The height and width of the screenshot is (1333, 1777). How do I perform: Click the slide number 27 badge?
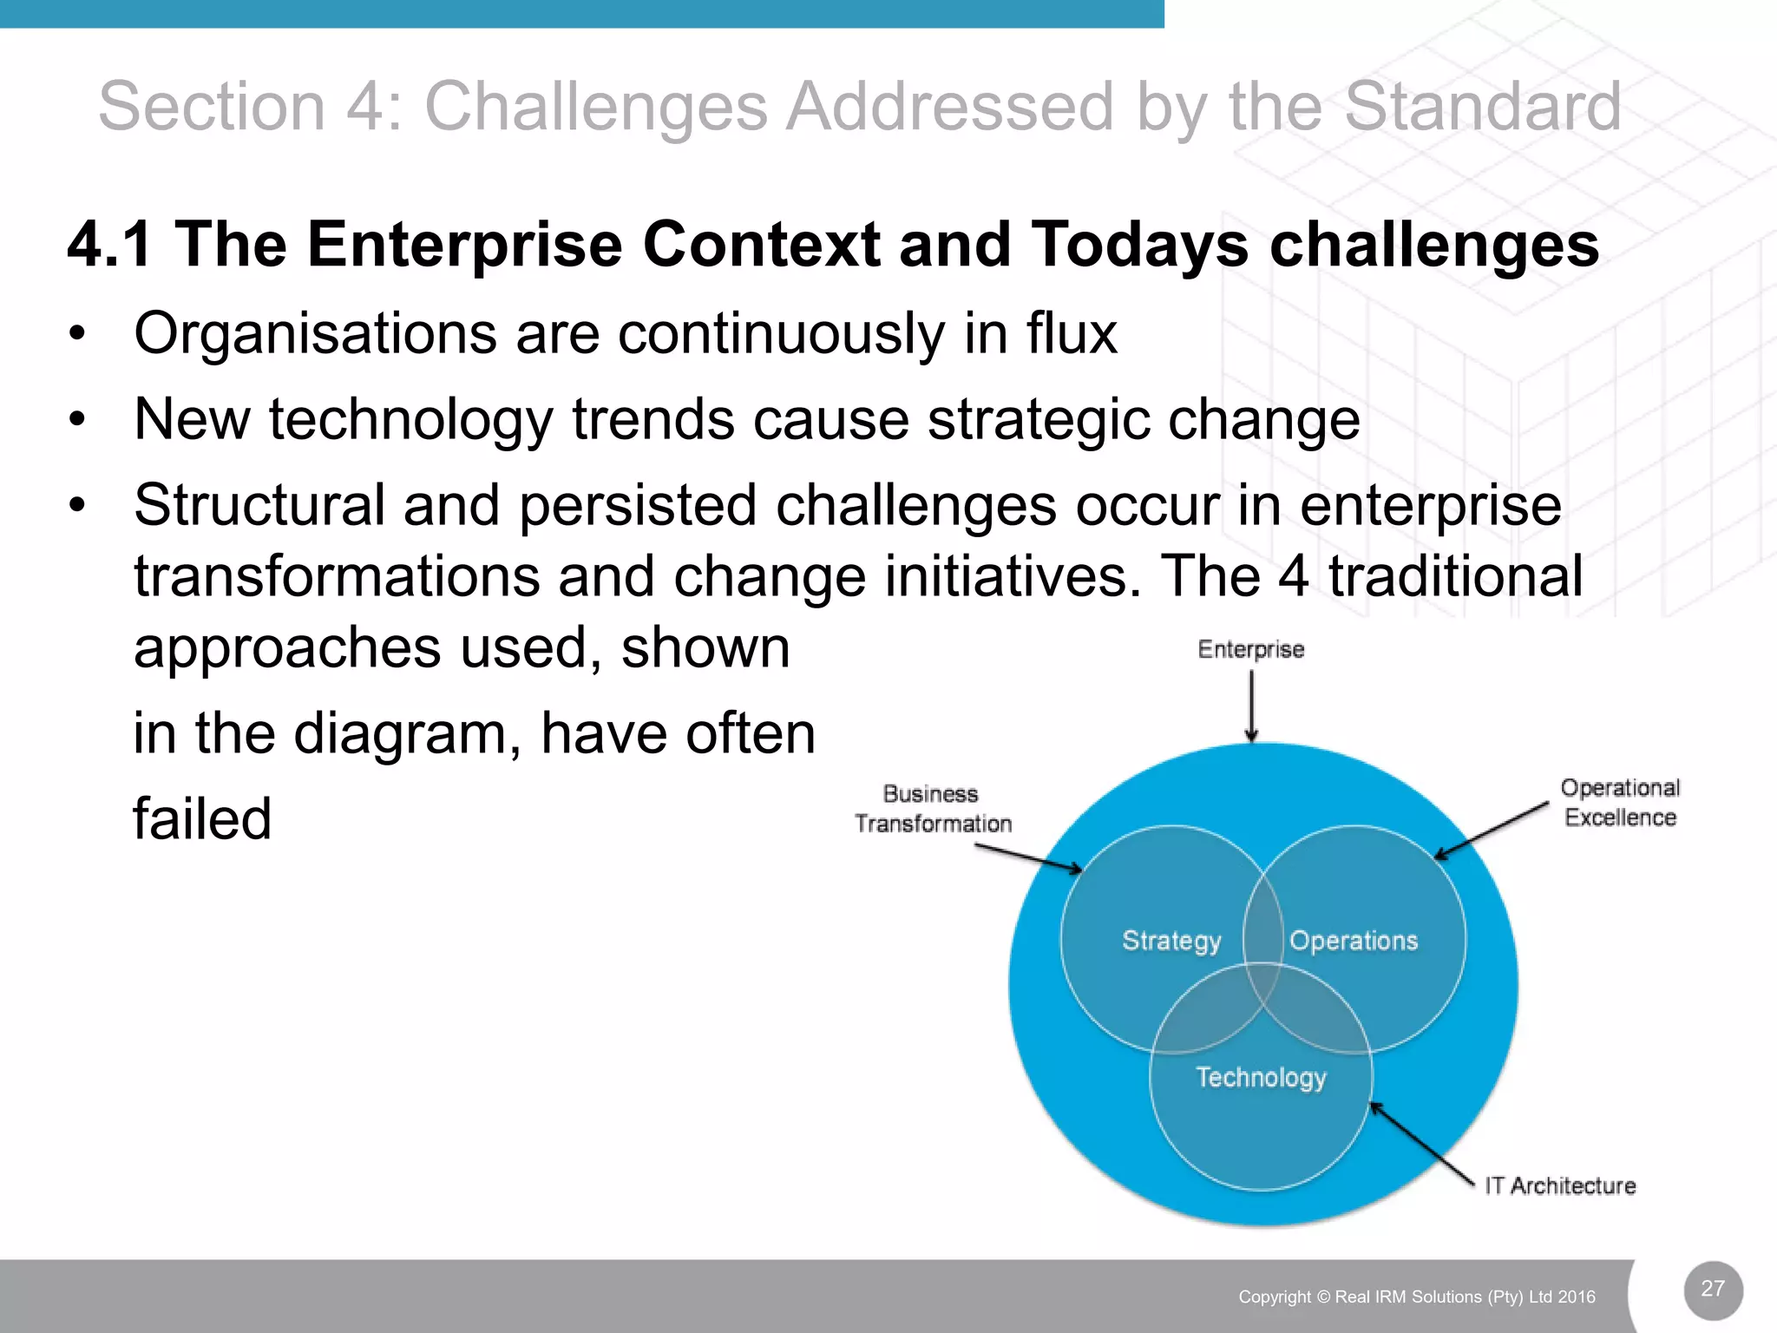point(1713,1290)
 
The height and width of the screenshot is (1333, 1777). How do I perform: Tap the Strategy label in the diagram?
point(1171,941)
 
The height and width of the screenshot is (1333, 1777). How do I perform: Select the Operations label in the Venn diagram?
point(1354,941)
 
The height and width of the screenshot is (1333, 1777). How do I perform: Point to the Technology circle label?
point(1261,1077)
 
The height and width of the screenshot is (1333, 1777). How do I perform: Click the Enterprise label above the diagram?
point(1250,649)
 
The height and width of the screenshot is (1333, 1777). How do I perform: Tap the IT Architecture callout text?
point(1560,1185)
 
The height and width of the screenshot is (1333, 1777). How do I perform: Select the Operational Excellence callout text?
point(1620,803)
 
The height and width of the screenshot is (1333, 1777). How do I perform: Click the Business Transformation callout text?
point(933,809)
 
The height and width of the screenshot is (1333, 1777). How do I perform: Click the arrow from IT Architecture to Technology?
point(1421,1143)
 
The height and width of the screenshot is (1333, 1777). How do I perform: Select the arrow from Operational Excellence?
point(1491,831)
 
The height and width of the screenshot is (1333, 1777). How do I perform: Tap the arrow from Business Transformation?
point(1029,857)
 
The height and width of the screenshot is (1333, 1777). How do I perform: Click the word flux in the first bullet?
point(1072,333)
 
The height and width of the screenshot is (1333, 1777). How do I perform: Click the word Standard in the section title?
point(1482,107)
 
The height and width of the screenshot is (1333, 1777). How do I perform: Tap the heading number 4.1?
point(110,244)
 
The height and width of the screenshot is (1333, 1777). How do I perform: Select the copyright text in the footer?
point(1416,1297)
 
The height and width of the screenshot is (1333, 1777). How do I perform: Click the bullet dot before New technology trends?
point(78,420)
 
